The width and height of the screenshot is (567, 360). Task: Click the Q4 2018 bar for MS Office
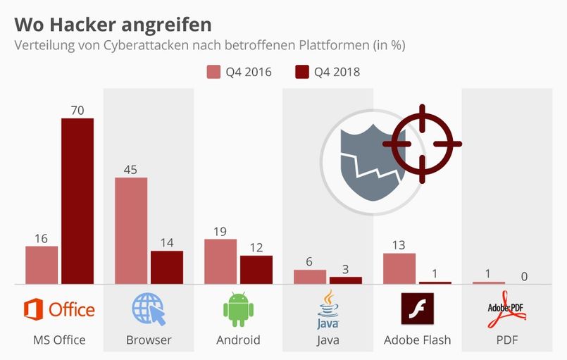point(77,201)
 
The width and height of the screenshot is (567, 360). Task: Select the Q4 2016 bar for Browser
point(131,230)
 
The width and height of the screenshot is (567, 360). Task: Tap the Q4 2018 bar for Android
point(256,270)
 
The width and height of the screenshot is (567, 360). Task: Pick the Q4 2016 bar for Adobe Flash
point(399,268)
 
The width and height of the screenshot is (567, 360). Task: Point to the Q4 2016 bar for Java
point(310,277)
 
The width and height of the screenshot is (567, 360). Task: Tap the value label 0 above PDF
point(525,276)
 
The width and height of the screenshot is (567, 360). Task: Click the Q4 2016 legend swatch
point(213,71)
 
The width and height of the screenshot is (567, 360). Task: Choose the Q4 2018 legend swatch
point(303,71)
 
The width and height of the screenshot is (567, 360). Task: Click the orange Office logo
point(59,309)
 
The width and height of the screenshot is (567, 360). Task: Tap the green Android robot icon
point(238,309)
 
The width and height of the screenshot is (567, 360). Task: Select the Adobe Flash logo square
point(418,309)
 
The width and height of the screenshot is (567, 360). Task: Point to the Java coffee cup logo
point(328,309)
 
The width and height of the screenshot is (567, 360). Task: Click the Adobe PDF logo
point(507,310)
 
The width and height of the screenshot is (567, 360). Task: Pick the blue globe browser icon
point(149,309)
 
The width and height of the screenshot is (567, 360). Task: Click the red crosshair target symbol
point(422,144)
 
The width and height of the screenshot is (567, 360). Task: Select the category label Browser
point(149,340)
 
